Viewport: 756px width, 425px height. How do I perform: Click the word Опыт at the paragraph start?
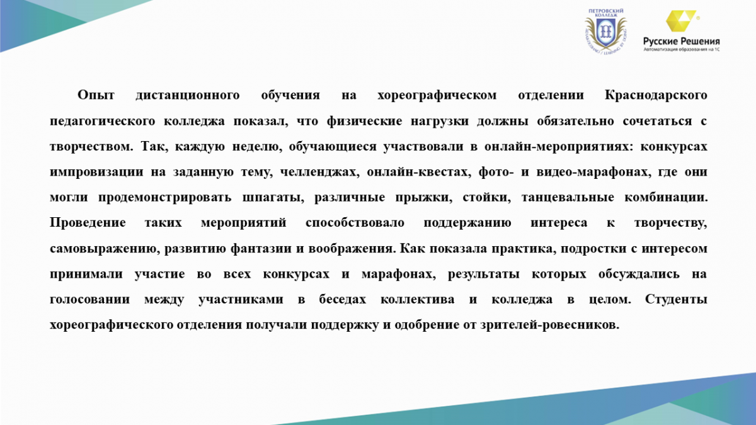click(96, 95)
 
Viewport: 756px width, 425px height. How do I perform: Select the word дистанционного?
click(188, 95)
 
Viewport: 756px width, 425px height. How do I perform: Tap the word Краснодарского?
click(656, 95)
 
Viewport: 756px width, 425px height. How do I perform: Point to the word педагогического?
click(102, 121)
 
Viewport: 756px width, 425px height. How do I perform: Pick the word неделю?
click(257, 147)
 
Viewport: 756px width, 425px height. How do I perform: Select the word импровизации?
click(96, 172)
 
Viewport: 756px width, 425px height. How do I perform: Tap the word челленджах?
click(319, 172)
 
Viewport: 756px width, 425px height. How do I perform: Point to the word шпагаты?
click(273, 197)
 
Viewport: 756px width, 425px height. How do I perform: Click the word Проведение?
click(88, 223)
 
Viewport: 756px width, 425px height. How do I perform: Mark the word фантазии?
click(261, 249)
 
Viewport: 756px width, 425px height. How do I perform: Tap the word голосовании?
click(89, 300)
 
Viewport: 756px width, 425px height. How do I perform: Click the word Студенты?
click(676, 300)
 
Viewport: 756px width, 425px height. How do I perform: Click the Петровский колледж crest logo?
click(605, 31)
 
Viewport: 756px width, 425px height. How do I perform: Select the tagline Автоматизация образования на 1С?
click(682, 49)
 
